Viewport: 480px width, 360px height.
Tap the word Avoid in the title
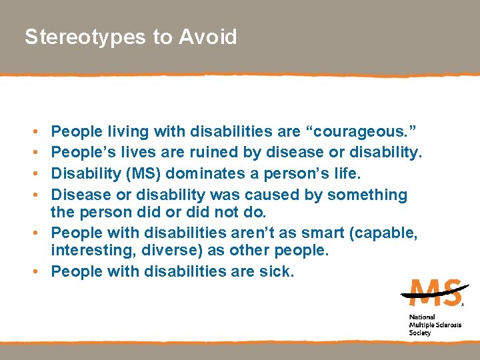(x=208, y=37)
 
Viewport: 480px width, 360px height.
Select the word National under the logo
(x=422, y=317)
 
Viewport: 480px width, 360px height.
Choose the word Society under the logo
(x=420, y=333)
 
